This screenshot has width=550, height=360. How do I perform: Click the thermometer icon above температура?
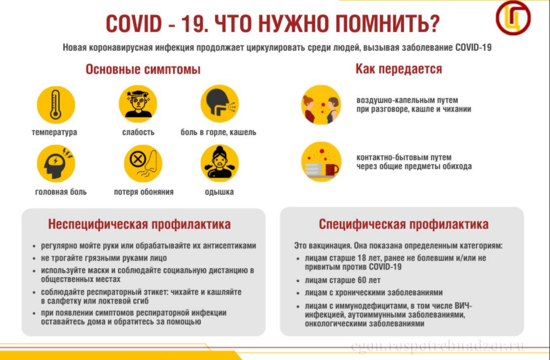(56, 105)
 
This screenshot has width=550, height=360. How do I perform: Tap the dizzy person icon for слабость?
(138, 104)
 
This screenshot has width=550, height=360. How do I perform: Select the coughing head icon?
(220, 104)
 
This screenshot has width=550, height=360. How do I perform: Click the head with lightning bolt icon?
(56, 164)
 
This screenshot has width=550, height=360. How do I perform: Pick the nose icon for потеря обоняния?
(143, 164)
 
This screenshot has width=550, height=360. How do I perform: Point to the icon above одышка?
(220, 164)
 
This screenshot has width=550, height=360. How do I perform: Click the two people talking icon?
(321, 105)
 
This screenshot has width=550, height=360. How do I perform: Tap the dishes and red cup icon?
(321, 162)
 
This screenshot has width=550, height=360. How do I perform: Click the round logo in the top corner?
(513, 18)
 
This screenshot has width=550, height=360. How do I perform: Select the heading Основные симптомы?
(143, 70)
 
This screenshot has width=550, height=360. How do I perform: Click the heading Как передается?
(399, 69)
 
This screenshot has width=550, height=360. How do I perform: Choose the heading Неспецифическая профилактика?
(139, 224)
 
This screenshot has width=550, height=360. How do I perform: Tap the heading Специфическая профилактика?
(404, 224)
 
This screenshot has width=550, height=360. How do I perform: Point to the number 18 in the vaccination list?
(362, 258)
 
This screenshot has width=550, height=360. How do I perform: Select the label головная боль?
(61, 192)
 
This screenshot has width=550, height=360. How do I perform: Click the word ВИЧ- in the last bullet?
(463, 306)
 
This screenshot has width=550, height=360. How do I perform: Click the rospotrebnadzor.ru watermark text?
(438, 347)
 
